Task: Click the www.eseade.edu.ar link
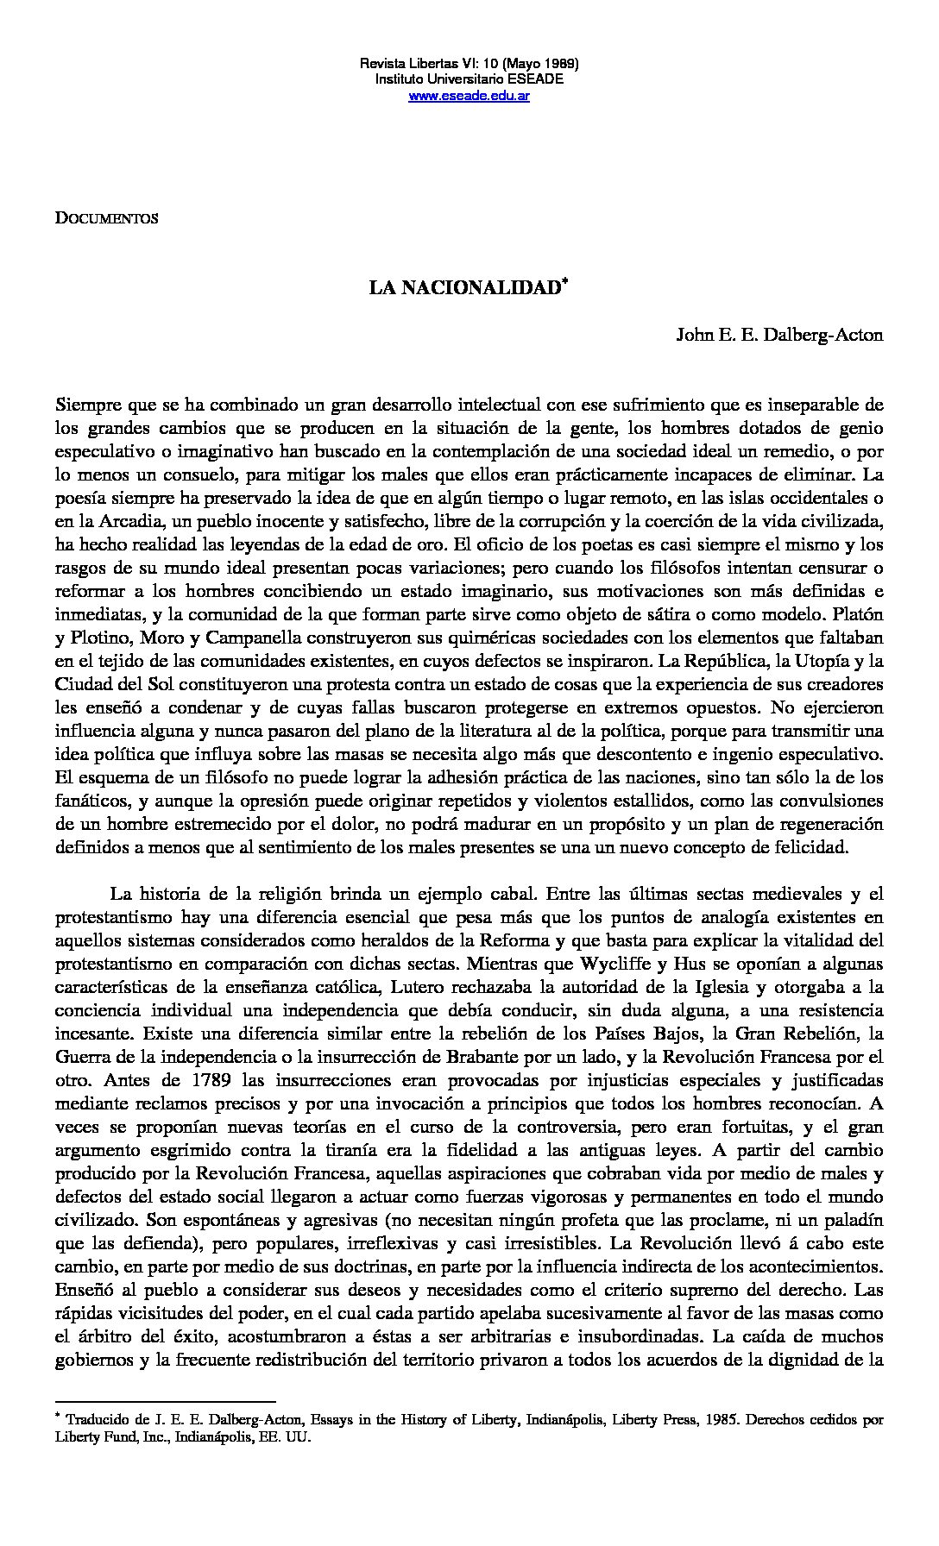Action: tap(469, 95)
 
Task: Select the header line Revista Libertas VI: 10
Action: tap(469, 64)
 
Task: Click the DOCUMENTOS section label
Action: tap(106, 218)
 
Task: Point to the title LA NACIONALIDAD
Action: tap(465, 288)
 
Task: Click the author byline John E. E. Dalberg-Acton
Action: tap(779, 335)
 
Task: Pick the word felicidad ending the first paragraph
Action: tap(812, 846)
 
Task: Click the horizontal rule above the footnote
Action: tap(165, 1401)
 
